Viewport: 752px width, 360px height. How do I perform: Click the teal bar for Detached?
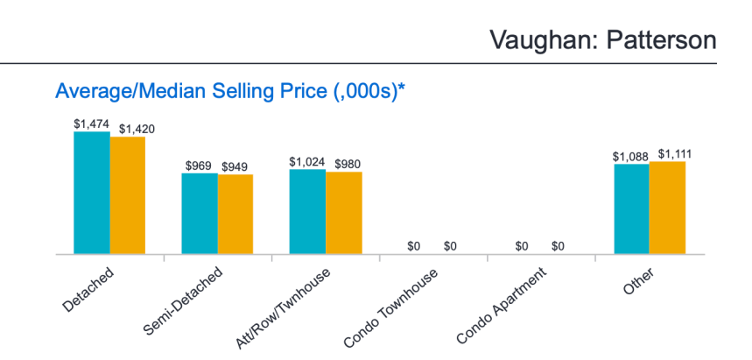[x=91, y=194]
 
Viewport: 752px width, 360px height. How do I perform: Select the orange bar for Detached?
[x=128, y=196]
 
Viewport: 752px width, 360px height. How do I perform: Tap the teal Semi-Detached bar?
[x=200, y=214]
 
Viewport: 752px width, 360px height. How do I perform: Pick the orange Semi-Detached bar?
[x=235, y=215]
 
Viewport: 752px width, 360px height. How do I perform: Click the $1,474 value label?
[x=91, y=124]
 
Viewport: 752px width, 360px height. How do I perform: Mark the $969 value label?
[x=200, y=166]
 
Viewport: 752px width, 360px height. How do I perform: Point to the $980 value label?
[x=343, y=164]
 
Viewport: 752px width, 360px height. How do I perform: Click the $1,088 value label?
[x=630, y=156]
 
